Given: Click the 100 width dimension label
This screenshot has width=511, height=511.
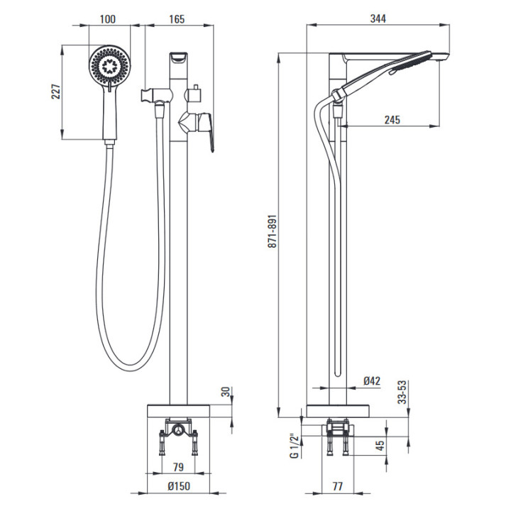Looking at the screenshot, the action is (x=108, y=19).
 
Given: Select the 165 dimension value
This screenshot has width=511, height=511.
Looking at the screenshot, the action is (x=177, y=19).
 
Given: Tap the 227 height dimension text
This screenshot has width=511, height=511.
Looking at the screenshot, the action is (x=56, y=92).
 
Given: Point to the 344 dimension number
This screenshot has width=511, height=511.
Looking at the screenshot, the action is (x=378, y=18).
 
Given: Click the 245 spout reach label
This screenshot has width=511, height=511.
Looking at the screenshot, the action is (x=392, y=120).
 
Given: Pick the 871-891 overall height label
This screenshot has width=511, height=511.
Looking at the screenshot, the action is (x=272, y=231).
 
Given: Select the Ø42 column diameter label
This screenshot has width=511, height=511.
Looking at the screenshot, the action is (x=372, y=380).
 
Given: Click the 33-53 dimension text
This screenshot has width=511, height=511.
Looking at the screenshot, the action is (x=403, y=392).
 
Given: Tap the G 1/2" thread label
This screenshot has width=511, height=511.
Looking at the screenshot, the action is (x=295, y=446).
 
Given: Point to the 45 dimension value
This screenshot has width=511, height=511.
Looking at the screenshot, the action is (x=380, y=444).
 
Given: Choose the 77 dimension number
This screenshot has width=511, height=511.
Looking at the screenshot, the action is (x=338, y=486).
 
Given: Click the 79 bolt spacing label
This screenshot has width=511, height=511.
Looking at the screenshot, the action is (x=178, y=467).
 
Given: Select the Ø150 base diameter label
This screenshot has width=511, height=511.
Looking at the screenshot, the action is (x=179, y=486).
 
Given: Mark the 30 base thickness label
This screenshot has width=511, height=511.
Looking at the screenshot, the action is (x=226, y=391).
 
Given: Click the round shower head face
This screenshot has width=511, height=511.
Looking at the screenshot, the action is (x=110, y=65).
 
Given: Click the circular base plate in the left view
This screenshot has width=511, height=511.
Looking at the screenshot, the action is (x=178, y=411).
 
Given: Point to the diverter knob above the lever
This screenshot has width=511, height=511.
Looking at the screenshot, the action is (x=194, y=95).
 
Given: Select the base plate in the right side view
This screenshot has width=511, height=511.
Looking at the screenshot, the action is (x=338, y=411).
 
